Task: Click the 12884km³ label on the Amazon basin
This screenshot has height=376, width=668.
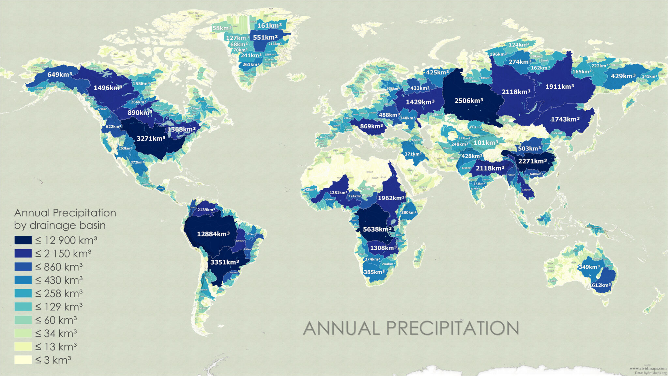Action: [213, 234]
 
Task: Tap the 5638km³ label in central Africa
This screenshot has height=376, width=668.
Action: [377, 229]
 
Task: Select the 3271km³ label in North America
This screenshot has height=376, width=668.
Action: [151, 138]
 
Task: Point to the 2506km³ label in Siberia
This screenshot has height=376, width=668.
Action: [469, 101]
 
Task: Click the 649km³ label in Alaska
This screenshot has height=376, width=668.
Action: [59, 74]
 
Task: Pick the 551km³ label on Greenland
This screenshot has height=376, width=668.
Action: [265, 38]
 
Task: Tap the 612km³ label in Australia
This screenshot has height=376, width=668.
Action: [601, 285]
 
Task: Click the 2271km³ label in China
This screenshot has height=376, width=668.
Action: [532, 161]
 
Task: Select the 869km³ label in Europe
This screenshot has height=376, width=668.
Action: [371, 126]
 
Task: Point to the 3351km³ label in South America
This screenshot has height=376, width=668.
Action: [224, 262]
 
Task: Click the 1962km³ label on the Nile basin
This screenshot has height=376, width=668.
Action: [391, 198]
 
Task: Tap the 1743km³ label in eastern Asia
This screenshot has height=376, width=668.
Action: [565, 119]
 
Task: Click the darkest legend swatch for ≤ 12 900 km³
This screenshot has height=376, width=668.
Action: [23, 240]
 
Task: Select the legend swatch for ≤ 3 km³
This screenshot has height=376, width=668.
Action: [23, 360]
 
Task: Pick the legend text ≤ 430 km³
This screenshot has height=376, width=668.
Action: [59, 280]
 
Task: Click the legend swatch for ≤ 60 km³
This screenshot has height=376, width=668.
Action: [23, 320]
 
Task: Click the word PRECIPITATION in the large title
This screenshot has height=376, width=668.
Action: [452, 328]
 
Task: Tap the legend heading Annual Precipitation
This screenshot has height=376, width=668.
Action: [65, 213]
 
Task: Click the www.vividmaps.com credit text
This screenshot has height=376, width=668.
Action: [648, 368]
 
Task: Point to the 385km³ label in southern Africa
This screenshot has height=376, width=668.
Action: [374, 272]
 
